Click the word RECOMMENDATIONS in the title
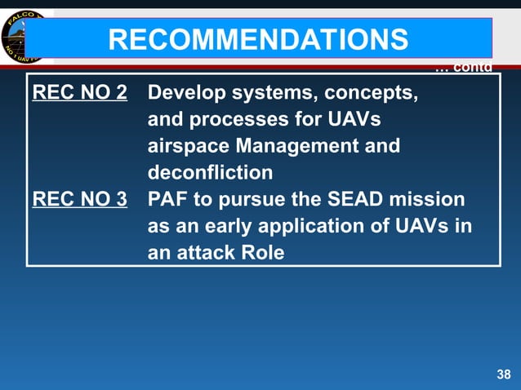pyautogui.click(x=258, y=38)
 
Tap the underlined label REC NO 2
pyautogui.click(x=79, y=92)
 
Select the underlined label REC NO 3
pyautogui.click(x=79, y=199)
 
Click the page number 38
pyautogui.click(x=503, y=374)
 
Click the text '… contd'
pyautogui.click(x=463, y=67)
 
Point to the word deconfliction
pyautogui.click(x=210, y=173)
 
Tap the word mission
pyautogui.click(x=425, y=199)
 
